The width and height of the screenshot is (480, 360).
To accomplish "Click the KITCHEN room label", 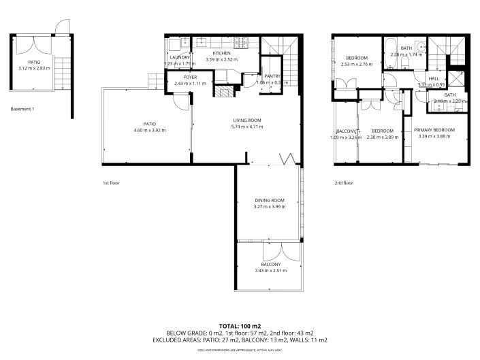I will click(222, 53).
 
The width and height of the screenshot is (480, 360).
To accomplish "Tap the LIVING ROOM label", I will click(246, 120).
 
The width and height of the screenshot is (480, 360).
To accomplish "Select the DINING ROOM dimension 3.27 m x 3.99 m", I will click(269, 206).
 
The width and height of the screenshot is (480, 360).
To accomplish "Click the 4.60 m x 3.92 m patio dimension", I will click(149, 130).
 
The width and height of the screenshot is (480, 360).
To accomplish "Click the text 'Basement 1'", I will click(22, 109).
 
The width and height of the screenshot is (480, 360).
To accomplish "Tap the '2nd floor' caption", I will click(344, 182).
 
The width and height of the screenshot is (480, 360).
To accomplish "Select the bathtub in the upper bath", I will click(392, 54).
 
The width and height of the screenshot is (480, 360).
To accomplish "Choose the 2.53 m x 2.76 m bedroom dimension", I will click(357, 64).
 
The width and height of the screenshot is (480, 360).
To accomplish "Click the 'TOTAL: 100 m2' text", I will click(240, 326).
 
